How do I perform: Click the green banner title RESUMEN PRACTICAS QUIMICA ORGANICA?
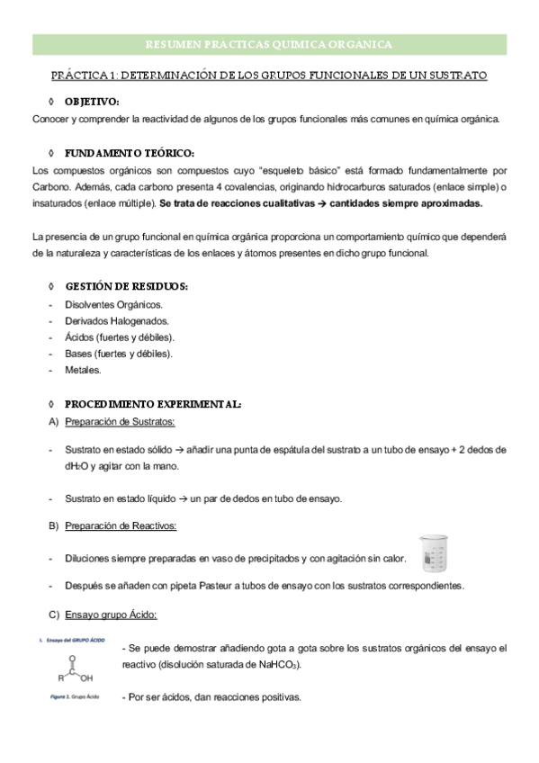[268, 44]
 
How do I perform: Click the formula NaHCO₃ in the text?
[279, 665]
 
